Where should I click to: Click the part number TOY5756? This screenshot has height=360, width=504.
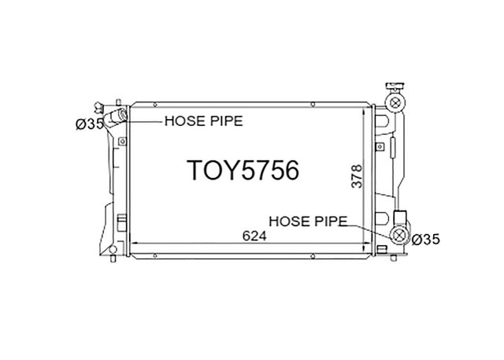tap(243, 170)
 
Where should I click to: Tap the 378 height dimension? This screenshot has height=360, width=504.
tap(357, 176)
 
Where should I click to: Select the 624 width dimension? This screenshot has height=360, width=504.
tap(254, 236)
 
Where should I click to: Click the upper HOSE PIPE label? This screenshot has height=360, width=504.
tap(204, 121)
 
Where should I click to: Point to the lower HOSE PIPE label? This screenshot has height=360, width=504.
tap(308, 221)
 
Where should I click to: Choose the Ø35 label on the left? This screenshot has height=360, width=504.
tap(90, 124)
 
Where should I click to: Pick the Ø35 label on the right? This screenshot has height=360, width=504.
tap(425, 239)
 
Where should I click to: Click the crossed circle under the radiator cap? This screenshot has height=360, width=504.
tap(395, 102)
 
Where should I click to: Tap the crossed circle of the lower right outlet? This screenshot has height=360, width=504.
tap(399, 235)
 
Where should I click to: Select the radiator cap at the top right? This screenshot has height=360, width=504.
tap(395, 87)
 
